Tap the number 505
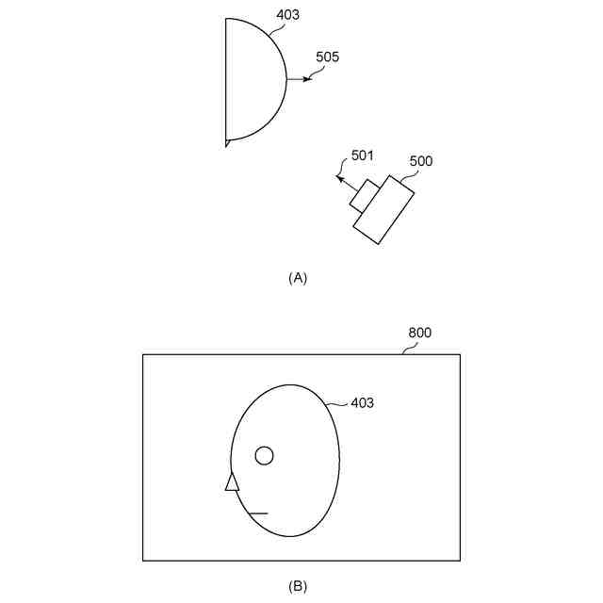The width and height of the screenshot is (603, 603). (x=328, y=57)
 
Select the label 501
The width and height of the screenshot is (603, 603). (x=363, y=155)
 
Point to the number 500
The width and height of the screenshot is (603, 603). (x=420, y=161)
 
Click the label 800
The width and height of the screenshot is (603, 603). (x=419, y=334)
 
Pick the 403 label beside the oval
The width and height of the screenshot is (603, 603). (x=362, y=403)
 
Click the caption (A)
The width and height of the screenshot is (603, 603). (x=298, y=278)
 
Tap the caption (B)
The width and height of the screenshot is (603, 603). (x=298, y=586)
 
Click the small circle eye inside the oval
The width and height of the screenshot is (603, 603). (x=265, y=456)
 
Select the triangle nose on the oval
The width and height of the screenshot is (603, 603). (x=232, y=481)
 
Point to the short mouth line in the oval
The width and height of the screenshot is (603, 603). (x=257, y=513)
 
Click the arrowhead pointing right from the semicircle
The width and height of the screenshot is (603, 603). (x=305, y=79)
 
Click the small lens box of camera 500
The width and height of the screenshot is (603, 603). (x=365, y=195)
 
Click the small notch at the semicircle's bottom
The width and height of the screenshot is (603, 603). (x=227, y=143)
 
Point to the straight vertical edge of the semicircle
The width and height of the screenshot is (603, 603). (x=226, y=80)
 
